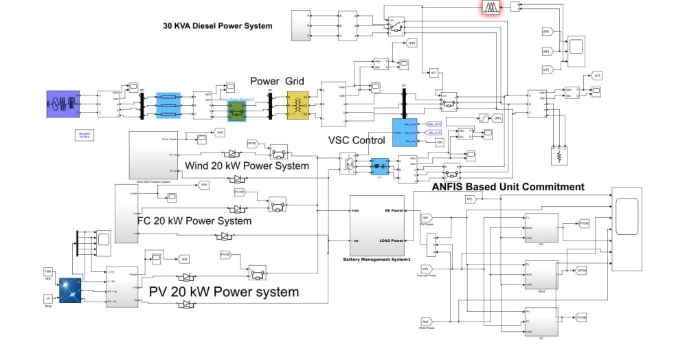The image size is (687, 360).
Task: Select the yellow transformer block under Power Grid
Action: (x=297, y=105)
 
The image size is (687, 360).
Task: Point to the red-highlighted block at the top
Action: (x=490, y=7)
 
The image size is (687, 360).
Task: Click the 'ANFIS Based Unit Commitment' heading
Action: (x=508, y=187)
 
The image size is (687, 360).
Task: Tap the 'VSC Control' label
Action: (x=357, y=140)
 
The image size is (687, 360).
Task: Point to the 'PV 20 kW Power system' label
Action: (x=224, y=292)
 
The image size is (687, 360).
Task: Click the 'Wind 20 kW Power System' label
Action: (x=247, y=166)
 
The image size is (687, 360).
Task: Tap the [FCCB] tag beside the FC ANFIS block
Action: (x=581, y=317)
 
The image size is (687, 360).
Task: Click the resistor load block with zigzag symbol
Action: (x=559, y=157)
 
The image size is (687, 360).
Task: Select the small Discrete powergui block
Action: (x=85, y=135)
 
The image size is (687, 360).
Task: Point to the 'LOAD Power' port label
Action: (x=392, y=240)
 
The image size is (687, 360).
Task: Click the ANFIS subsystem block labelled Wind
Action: (x=541, y=273)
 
